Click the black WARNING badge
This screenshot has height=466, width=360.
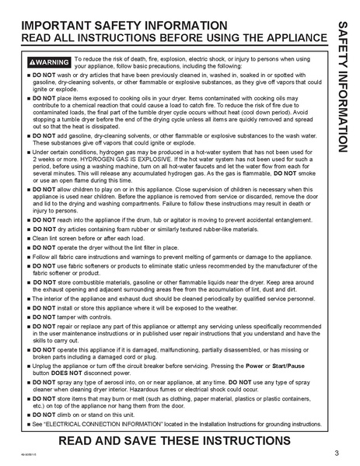[x=48, y=61]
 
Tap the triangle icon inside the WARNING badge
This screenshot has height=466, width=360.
[x=32, y=61]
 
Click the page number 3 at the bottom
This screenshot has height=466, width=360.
[x=336, y=452]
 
